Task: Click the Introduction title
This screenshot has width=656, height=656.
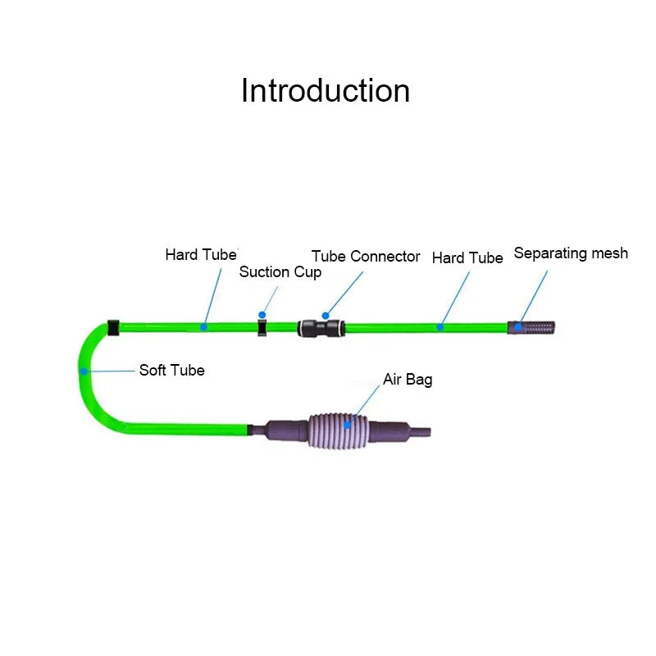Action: coord(326,90)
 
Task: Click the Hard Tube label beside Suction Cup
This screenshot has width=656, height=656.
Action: coord(201,254)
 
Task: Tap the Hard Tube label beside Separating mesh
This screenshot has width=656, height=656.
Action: coord(467,257)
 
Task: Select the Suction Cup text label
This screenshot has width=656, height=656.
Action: coord(280,271)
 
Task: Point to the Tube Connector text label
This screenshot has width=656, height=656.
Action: coord(366,256)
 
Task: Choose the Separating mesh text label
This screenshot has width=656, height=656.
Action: coord(571,253)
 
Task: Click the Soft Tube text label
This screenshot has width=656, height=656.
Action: coord(171,370)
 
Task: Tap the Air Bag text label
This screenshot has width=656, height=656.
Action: coord(408,380)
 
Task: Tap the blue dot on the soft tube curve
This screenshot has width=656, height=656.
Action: coord(84,371)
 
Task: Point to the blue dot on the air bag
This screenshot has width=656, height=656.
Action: coord(348,425)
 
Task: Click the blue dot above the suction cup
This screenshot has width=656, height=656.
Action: coord(262,314)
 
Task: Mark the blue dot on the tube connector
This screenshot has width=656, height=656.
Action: coord(326,315)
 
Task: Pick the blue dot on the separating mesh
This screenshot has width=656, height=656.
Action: coord(518,326)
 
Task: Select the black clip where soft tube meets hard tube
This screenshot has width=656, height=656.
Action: coord(113,327)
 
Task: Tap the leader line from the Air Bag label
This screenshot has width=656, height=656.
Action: coord(366,402)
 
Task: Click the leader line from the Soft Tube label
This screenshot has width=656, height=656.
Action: coord(111,371)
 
